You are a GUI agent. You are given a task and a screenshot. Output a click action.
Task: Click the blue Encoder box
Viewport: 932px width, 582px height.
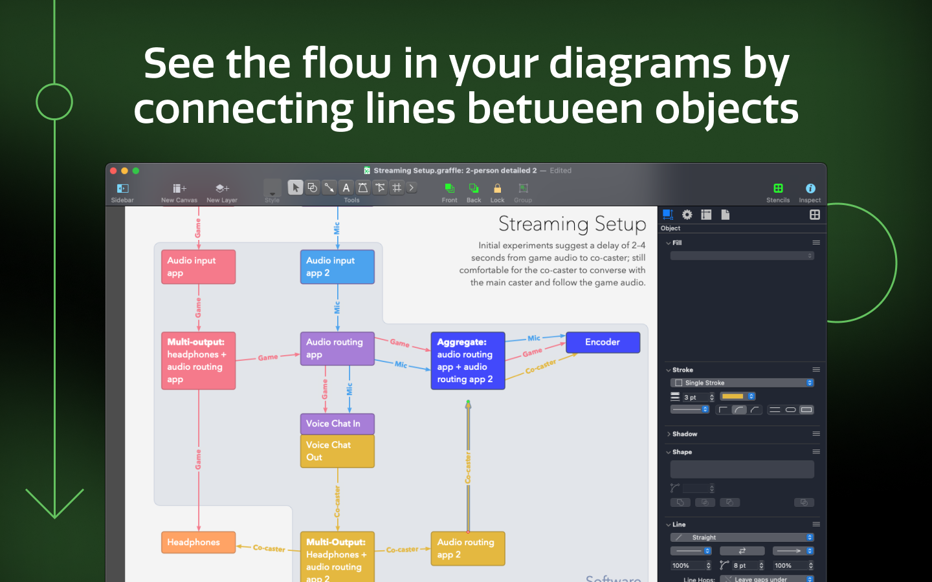coord(603,342)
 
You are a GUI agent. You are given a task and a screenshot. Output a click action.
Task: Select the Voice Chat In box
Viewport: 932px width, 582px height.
coord(337,424)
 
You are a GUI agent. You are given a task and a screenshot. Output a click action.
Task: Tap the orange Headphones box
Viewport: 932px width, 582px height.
coord(198,543)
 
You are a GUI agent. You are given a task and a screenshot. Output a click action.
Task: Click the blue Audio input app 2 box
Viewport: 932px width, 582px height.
coord(337,267)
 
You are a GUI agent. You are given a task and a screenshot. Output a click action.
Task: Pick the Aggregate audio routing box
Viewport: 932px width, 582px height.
coord(467,361)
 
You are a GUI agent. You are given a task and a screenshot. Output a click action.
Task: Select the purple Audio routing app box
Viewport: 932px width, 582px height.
coord(337,349)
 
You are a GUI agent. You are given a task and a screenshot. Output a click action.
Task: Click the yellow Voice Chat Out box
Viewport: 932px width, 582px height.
coord(337,451)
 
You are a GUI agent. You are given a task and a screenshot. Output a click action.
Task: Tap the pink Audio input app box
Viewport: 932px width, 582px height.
coord(198,267)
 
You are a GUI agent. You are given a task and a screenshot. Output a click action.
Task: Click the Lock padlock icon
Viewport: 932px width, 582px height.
coord(497,188)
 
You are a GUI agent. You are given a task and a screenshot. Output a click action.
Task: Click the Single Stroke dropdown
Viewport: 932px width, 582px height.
coord(742,383)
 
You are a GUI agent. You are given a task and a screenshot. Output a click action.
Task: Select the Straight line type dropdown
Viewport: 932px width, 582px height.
coord(742,537)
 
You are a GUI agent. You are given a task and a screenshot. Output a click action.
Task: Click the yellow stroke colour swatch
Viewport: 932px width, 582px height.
coord(733,396)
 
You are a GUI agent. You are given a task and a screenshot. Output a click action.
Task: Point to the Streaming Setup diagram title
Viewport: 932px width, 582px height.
coord(572,224)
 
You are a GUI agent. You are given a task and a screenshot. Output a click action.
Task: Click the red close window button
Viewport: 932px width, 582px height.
coord(113,171)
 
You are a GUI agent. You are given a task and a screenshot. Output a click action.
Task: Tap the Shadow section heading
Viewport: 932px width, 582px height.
coord(684,434)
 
